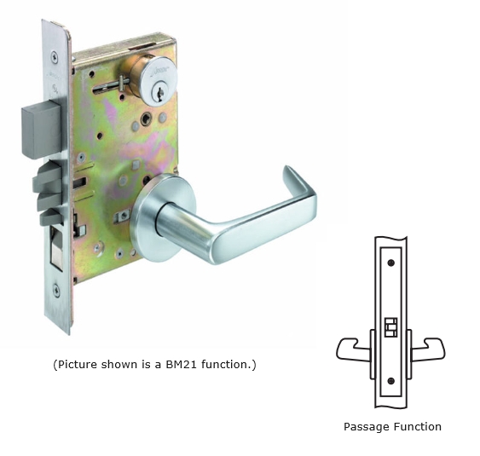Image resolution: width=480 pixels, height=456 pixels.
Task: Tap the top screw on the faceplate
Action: [55, 57]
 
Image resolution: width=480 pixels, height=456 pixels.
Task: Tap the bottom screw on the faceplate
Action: [56, 289]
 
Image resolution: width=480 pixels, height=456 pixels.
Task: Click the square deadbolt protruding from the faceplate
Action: [42, 130]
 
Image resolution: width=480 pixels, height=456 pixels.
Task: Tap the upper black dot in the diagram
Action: [390, 263]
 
